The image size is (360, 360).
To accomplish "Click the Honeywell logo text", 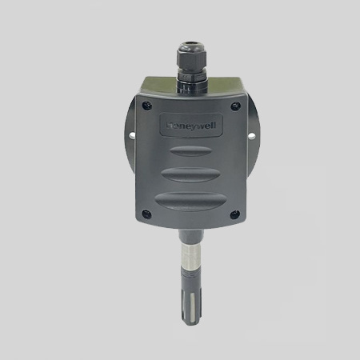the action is click(x=191, y=126).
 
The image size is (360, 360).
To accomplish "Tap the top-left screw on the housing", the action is click(x=146, y=106).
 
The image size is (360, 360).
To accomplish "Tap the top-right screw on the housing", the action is click(x=235, y=106).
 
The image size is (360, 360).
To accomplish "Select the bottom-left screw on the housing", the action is click(x=146, y=214).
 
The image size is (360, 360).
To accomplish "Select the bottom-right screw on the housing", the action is click(x=234, y=214).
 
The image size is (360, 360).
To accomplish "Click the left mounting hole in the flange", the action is click(x=132, y=135).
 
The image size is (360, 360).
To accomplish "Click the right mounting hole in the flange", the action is click(x=251, y=136).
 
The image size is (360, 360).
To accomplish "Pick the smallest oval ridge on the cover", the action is click(x=191, y=151).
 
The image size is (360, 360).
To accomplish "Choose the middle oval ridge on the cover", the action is click(x=191, y=175).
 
